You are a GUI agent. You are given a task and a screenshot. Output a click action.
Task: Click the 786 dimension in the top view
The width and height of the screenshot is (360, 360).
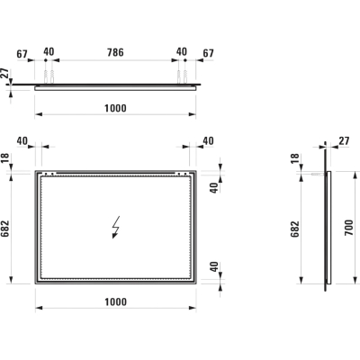115,52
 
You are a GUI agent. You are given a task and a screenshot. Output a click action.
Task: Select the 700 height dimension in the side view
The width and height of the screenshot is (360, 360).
349,228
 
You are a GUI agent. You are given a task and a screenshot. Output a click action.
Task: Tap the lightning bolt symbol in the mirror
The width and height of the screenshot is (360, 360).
116,227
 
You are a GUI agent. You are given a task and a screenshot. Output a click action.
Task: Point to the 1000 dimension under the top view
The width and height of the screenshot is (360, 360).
115,108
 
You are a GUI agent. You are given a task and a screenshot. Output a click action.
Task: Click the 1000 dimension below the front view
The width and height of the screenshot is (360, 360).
116,301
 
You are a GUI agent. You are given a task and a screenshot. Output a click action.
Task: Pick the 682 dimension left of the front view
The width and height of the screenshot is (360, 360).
5,229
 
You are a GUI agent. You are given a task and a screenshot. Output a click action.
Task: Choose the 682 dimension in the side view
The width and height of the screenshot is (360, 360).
295,229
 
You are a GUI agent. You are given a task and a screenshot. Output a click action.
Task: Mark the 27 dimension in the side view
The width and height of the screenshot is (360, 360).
344,140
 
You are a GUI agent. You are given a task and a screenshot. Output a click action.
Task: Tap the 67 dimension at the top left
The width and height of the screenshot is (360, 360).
22,54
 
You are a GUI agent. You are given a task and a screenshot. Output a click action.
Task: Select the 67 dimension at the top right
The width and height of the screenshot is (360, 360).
208,53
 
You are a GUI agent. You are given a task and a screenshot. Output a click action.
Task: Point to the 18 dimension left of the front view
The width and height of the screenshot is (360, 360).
5,158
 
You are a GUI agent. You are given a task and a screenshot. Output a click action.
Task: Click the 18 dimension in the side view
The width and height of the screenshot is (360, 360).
295,158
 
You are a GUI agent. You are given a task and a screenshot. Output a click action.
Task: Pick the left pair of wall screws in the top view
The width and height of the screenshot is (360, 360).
49,76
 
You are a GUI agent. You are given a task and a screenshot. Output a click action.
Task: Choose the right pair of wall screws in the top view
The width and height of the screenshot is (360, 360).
182,76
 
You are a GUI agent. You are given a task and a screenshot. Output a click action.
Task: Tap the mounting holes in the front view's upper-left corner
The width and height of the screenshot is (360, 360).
49,174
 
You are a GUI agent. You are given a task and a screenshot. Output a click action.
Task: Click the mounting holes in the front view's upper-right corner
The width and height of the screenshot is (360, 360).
182,174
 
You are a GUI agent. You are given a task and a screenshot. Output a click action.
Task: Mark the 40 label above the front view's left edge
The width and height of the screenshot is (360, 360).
22,140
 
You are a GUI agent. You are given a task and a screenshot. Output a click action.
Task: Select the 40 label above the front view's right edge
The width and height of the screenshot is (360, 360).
208,140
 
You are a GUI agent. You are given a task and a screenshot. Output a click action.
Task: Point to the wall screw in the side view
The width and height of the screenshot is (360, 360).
318,174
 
